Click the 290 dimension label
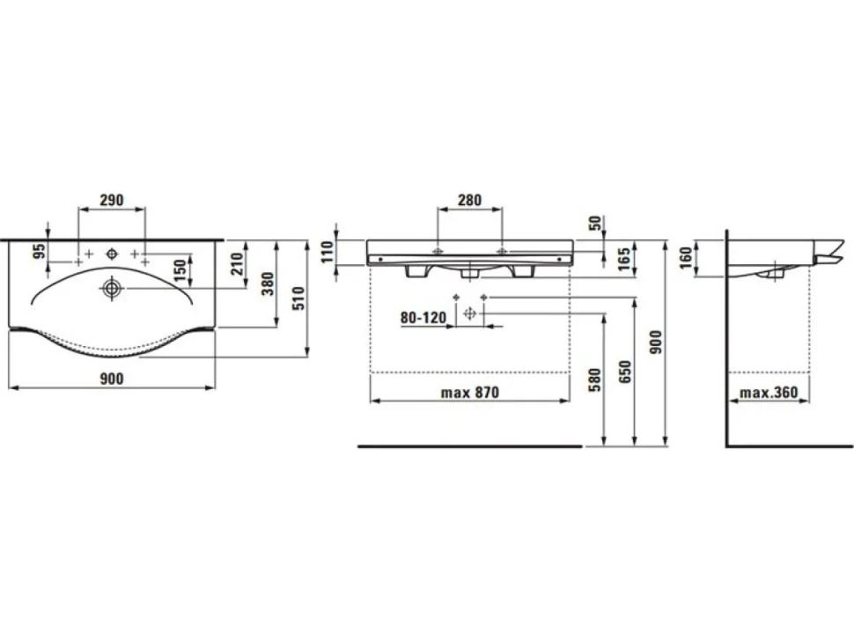tap(112, 200)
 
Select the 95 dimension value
tap(39, 251)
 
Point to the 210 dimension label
tap(237, 263)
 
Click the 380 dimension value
tap(268, 284)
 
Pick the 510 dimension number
tap(298, 298)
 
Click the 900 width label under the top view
tap(112, 379)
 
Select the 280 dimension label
tap(469, 200)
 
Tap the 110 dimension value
tap(327, 252)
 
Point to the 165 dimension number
tap(624, 259)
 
